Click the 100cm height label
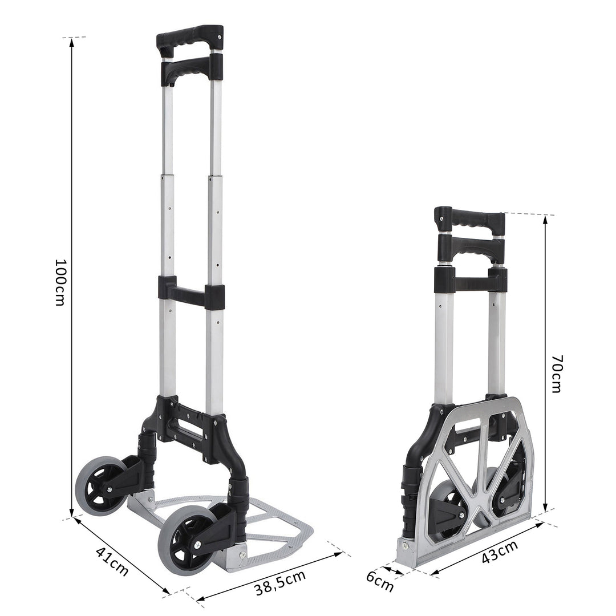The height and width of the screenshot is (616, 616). click(x=60, y=282)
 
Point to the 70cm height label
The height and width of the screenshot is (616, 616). click(x=557, y=374)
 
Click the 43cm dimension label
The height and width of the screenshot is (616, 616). click(x=500, y=552)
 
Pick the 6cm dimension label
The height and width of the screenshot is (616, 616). click(x=380, y=581)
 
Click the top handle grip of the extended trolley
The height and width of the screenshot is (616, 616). click(x=189, y=38)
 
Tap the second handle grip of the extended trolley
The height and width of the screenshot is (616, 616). click(x=189, y=70)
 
